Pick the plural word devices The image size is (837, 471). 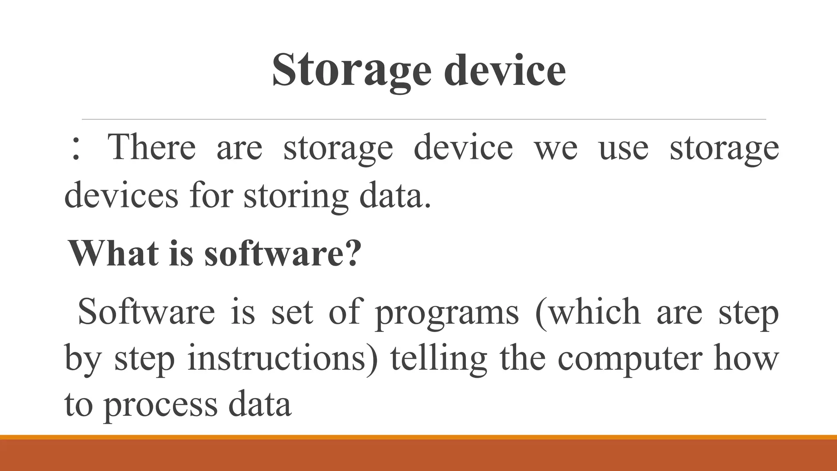coord(121,195)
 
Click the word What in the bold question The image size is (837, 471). coord(113,253)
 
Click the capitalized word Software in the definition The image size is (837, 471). coord(146,312)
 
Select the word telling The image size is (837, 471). coord(439,358)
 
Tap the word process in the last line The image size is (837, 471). coord(160,405)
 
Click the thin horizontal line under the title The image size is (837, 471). coord(424,119)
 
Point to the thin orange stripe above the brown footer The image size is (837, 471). coord(418,437)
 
